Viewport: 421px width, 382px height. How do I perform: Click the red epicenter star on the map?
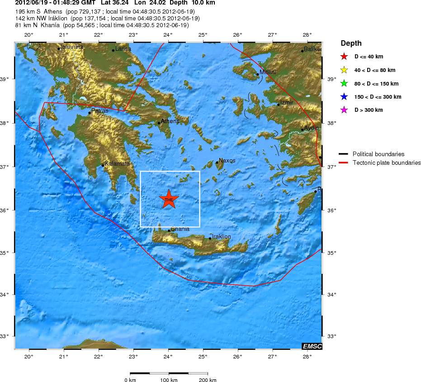coord(169,199)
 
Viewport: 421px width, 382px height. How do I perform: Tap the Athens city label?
coord(170,121)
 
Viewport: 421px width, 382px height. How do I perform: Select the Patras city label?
coord(99,110)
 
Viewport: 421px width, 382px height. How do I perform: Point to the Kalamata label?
coord(117,163)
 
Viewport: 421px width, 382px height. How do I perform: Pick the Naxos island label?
coord(227,160)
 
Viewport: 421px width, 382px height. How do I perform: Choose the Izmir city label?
coord(287,103)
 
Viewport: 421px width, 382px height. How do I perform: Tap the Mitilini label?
coord(268,72)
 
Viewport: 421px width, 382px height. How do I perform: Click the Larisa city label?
coord(123,48)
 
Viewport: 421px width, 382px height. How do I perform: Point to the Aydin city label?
coord(311,128)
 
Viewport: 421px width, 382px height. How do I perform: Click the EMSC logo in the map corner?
coord(312,346)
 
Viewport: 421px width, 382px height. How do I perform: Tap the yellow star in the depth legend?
coord(344,70)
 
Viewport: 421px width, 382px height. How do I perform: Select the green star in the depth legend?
coord(344,83)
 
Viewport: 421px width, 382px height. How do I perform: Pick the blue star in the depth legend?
coord(344,97)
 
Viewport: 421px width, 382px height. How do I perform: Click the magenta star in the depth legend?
coord(344,110)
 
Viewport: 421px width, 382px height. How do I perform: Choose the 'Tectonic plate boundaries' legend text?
coord(387,163)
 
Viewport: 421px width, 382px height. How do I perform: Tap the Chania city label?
coord(180,229)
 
